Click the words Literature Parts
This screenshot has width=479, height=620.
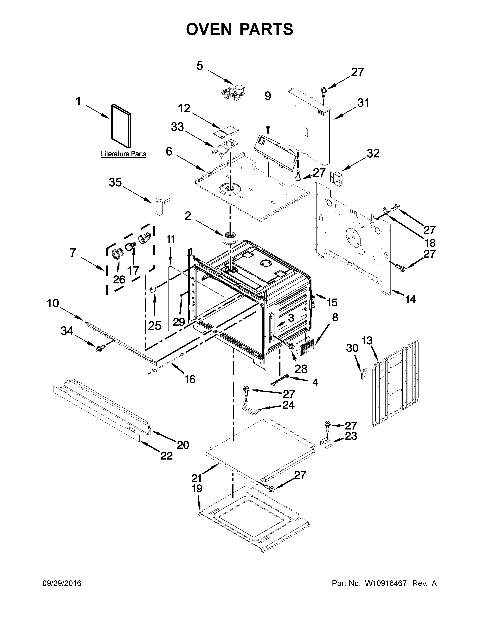coord(124,154)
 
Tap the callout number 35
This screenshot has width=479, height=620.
coord(115,183)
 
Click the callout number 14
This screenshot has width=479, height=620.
coord(411,299)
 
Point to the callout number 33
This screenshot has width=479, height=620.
coord(177,127)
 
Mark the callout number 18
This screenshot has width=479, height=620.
coord(430,243)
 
